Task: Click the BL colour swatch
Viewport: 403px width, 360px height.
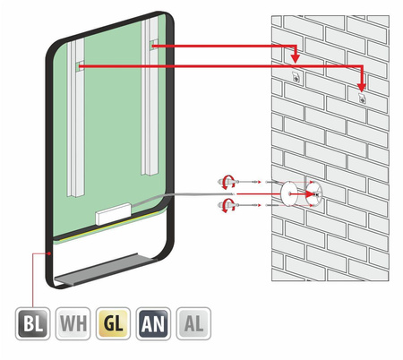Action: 32,323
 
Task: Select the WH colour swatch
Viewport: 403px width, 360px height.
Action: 73,323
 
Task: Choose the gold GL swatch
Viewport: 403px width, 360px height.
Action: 113,323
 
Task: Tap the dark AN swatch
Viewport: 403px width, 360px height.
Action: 153,323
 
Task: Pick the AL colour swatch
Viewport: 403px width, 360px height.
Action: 193,323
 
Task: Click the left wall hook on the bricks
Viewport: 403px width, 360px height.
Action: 296,77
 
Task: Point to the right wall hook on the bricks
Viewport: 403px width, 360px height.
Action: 362,98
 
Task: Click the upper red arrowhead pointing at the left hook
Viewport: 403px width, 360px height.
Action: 296,59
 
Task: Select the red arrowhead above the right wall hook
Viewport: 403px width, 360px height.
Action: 362,88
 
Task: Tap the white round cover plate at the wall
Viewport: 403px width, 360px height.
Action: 288,193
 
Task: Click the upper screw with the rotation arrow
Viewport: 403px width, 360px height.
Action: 227,182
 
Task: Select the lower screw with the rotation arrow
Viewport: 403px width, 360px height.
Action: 227,206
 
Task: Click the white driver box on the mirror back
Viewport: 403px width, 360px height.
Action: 114,214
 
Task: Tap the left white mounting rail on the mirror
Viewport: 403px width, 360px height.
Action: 75,118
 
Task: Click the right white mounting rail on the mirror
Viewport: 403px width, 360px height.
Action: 150,96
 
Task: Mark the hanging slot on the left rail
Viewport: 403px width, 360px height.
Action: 80,66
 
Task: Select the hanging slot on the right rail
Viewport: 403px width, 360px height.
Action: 153,46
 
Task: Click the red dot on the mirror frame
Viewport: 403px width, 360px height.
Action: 49,253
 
